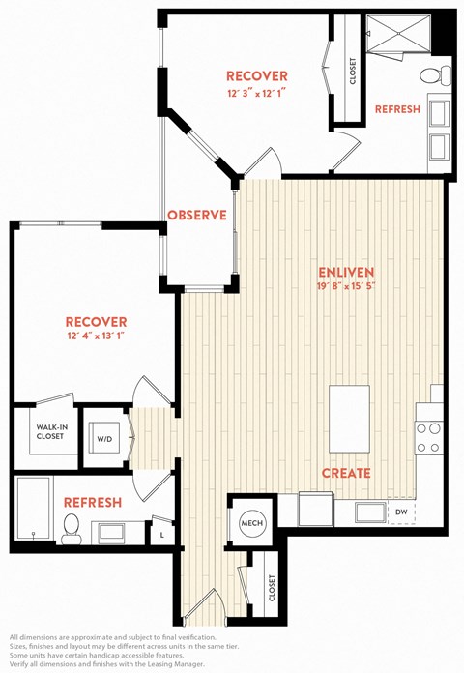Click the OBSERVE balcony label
tap(197, 215)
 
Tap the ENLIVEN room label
tap(346, 272)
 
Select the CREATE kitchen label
tap(346, 473)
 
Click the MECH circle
tap(252, 523)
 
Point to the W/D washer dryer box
tap(104, 439)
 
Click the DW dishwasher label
tap(401, 512)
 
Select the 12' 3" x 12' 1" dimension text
tap(257, 93)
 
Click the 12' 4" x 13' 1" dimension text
tap(96, 336)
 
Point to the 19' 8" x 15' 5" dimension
tap(346, 286)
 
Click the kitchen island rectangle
tap(349, 419)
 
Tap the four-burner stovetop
tap(429, 438)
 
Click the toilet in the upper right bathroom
tap(435, 76)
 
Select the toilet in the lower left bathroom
tap(72, 528)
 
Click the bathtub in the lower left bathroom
tap(34, 508)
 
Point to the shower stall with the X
tap(398, 34)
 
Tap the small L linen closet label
tap(161, 536)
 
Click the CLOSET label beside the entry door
tap(272, 588)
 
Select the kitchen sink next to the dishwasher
tap(370, 512)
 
